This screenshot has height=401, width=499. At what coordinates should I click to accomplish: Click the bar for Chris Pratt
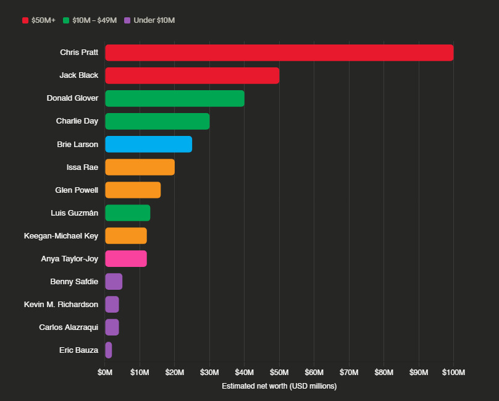coord(279,53)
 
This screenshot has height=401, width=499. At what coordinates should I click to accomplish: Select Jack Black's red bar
coord(192,75)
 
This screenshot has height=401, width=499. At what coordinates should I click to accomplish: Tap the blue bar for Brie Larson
coord(148,144)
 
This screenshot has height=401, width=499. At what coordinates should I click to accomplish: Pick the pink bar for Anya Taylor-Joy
coord(126,258)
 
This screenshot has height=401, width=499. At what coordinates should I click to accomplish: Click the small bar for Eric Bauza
coord(109,350)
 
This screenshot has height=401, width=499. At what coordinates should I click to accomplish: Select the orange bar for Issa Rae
coord(140,167)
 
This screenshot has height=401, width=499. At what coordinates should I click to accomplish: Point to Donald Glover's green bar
coord(175,98)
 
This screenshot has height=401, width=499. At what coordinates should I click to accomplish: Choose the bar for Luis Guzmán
coord(128,213)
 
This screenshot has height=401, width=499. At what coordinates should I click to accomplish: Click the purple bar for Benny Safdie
coord(114,281)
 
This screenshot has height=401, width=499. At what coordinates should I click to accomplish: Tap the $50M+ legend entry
coord(39,20)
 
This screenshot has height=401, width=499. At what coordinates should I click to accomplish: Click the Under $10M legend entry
coord(150,20)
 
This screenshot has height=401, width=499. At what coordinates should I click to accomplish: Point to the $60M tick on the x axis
coord(314,372)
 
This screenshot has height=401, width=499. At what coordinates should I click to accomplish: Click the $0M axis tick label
coord(105,372)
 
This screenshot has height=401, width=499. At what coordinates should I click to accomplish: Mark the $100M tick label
coord(453,372)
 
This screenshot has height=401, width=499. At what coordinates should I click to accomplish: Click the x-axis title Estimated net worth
coord(279,386)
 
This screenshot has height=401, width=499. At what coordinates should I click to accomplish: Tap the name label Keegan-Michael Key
coord(61,235)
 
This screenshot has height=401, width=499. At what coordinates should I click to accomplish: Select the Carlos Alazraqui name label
coord(69,327)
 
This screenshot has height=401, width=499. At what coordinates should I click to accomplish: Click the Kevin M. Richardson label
coord(61,304)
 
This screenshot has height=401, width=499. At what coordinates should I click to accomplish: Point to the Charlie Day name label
coord(77,121)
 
